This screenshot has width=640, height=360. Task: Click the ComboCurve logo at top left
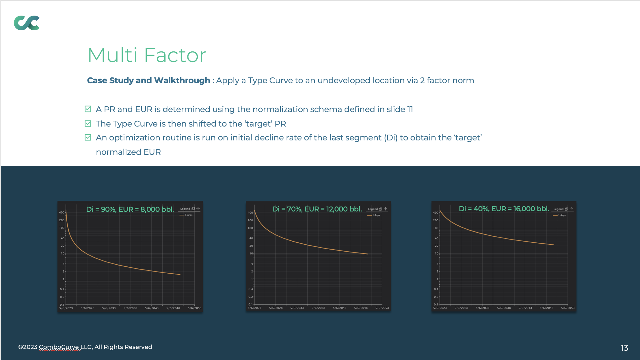click(27, 23)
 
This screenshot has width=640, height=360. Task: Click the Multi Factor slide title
click(147, 55)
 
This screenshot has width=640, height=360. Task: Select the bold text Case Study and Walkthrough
click(148, 80)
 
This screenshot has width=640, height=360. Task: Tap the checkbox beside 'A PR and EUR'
click(88, 109)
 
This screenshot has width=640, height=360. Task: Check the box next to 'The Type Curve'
click(88, 123)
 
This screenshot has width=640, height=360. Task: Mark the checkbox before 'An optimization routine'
click(88, 137)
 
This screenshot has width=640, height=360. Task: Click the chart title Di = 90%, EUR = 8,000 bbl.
click(130, 209)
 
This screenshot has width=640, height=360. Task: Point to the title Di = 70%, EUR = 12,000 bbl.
click(317, 209)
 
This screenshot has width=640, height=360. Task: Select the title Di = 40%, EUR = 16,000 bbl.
click(504, 209)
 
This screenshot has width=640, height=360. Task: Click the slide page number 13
click(624, 348)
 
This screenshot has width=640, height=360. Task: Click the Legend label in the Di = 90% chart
click(185, 209)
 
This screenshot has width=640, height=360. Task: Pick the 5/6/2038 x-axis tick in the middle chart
click(318, 308)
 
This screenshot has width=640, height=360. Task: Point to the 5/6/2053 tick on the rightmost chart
click(568, 308)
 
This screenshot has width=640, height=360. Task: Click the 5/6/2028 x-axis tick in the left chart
click(88, 308)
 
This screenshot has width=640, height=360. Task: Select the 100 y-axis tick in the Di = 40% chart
click(436, 228)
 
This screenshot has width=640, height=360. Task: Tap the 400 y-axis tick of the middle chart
click(250, 213)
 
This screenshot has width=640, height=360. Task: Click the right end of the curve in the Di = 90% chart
click(180, 274)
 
